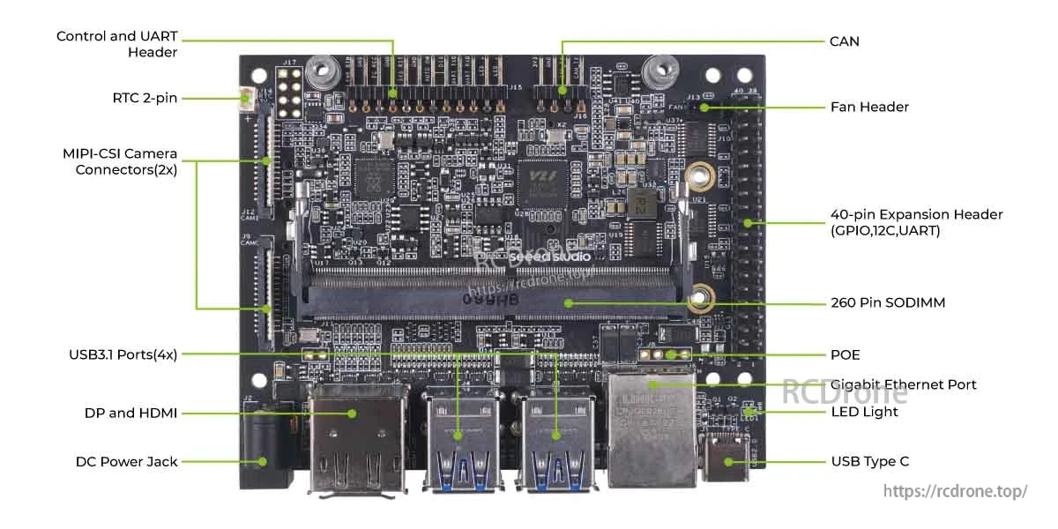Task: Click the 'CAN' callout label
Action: click(x=844, y=41)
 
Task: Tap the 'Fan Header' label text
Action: click(x=869, y=107)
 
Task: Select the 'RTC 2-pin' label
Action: click(x=145, y=98)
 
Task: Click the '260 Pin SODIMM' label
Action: click(x=888, y=302)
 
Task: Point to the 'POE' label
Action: click(x=845, y=354)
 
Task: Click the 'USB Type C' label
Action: click(x=869, y=461)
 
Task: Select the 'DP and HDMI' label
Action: click(x=130, y=413)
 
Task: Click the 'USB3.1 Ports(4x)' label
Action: click(x=123, y=354)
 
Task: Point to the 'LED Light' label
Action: click(x=864, y=412)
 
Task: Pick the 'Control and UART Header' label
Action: click(x=117, y=44)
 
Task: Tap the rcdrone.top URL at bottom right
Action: click(x=955, y=491)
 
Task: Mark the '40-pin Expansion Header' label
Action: click(x=916, y=222)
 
